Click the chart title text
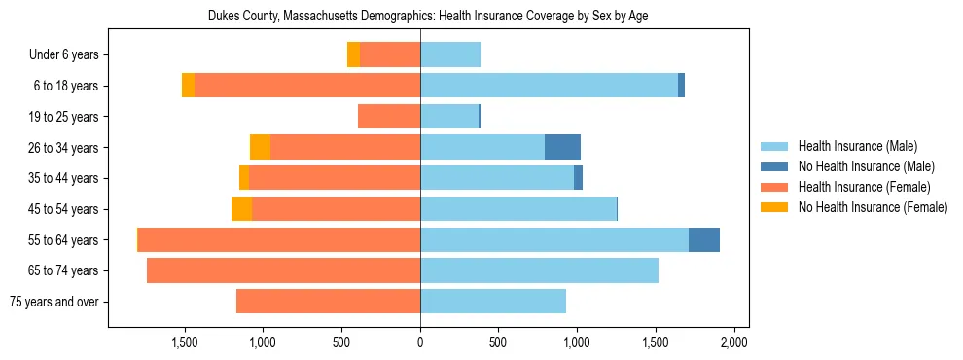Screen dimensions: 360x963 coord(428,16)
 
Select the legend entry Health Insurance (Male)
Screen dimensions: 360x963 coord(857,147)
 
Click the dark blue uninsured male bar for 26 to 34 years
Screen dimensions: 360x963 coord(562,147)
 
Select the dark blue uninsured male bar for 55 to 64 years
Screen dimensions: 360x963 coord(704,239)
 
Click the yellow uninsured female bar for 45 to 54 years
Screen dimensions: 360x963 coord(241,209)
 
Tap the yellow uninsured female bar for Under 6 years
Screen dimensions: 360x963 coord(353,54)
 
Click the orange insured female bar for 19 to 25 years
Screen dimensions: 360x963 coord(389,117)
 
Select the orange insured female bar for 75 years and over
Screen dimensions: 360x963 coord(328,302)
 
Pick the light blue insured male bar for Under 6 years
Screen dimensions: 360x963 coord(450,54)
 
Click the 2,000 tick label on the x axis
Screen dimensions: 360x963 coord(733,342)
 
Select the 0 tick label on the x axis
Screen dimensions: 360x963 coord(420,342)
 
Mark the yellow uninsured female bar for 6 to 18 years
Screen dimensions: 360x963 coord(188,86)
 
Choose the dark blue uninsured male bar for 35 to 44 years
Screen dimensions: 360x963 coord(578,178)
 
